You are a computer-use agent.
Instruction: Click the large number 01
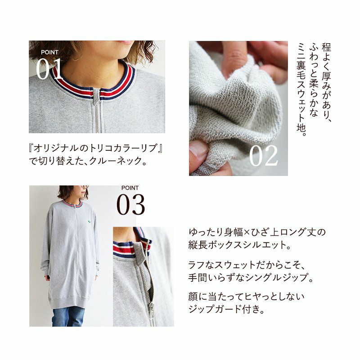point(49,68)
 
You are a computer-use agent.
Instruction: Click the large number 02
point(263,155)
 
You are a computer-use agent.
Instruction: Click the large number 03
point(130,204)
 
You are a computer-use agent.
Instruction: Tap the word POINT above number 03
point(130,188)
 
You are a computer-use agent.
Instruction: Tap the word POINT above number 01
point(49,52)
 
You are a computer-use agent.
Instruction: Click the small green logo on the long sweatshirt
point(89,222)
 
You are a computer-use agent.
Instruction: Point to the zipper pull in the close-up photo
point(152,309)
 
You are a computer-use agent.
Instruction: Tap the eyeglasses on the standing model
point(84,187)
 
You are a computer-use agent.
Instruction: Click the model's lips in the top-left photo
point(126,42)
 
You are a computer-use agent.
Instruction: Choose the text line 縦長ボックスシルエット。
point(240,245)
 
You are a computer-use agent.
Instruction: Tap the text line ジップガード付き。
point(226,309)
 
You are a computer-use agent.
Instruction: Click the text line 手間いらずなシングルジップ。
point(251,278)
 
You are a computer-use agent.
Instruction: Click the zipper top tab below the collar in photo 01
point(96,96)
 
